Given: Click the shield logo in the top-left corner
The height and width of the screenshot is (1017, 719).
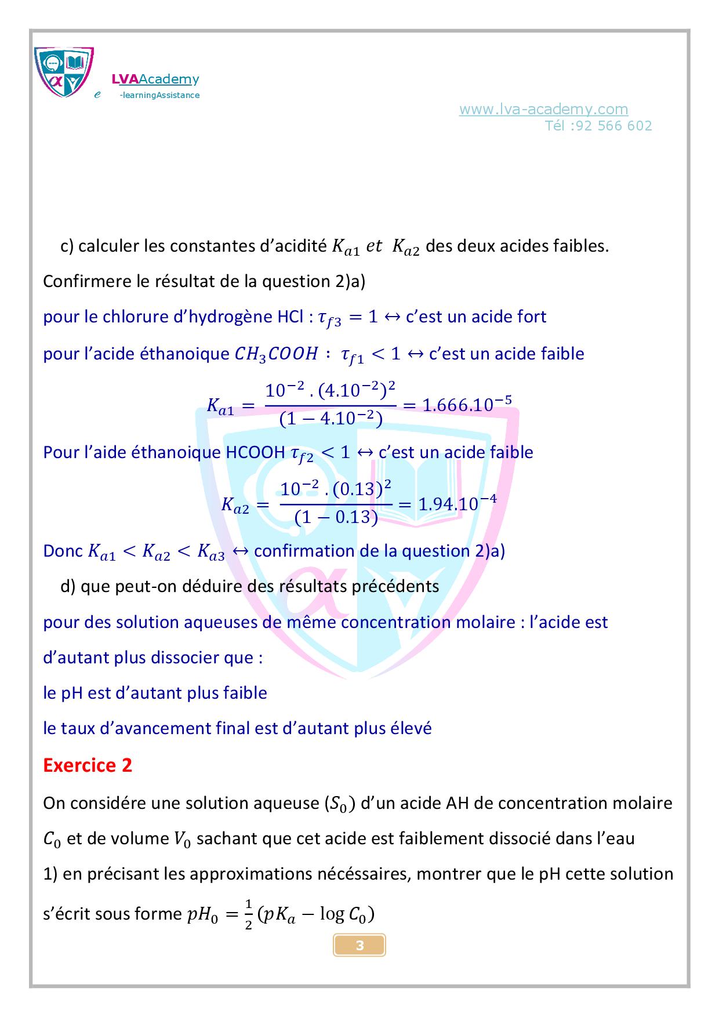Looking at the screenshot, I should point(64,72).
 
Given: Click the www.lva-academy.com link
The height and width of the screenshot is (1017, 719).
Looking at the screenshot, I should point(543,109).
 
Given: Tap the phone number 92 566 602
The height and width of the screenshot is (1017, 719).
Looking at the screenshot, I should point(614,126).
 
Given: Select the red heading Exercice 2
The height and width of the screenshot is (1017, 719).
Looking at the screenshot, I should point(88,765).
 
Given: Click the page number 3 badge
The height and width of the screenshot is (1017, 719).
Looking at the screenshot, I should point(359,946).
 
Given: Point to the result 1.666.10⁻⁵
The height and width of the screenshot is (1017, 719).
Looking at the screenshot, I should point(467,405).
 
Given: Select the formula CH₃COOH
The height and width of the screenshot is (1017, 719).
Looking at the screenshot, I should point(276,354).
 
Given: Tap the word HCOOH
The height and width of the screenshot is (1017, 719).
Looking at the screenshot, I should point(255,452).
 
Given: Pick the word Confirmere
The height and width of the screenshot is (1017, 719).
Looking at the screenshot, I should point(88,281).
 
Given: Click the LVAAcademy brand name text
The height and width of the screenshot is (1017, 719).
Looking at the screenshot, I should point(155,79).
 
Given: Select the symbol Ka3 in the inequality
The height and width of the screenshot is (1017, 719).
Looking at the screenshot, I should point(210,552).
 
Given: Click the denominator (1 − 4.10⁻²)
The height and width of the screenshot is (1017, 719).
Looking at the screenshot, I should point(331,419).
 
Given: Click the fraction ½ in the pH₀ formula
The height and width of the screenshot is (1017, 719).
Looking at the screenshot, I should point(248,914).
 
